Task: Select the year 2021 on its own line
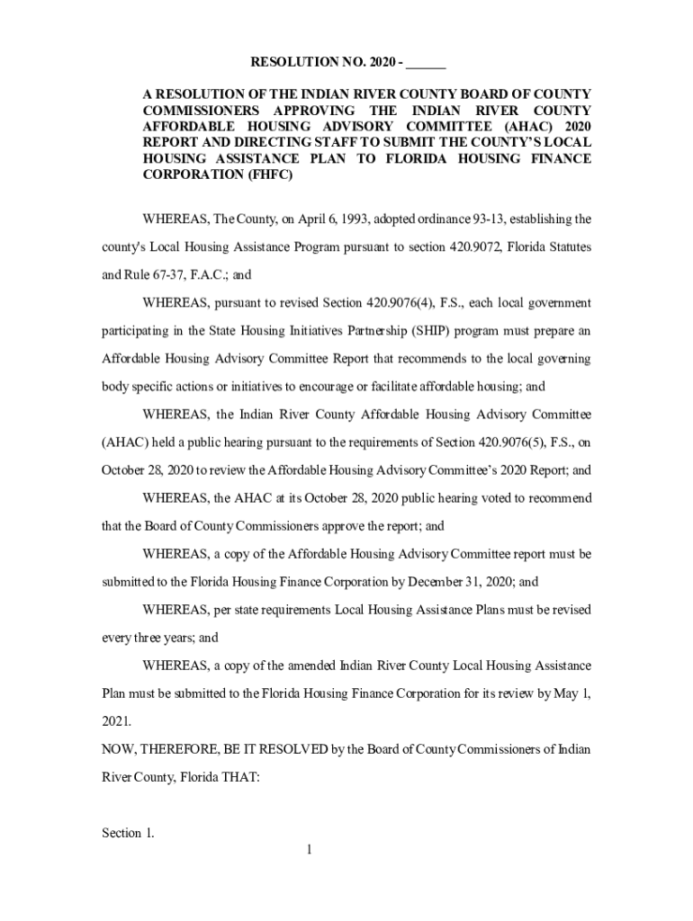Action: click(115, 721)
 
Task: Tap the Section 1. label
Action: click(127, 834)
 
